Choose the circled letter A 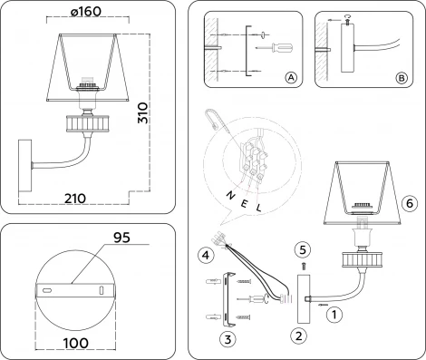(291, 79)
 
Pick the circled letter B (400, 79)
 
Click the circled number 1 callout (335, 316)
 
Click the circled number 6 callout (409, 204)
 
